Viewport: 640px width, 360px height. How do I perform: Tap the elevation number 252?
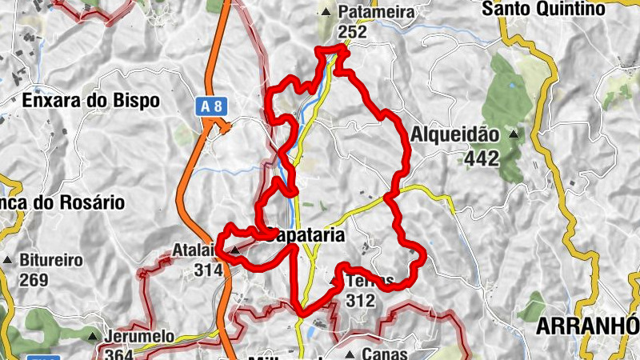tap(352, 32)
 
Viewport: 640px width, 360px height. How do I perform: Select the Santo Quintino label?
tap(554, 10)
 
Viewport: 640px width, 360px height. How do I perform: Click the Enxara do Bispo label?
tap(91, 101)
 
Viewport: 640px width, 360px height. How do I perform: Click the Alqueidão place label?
tap(454, 135)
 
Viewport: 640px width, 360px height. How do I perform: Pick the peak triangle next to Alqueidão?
tap(513, 134)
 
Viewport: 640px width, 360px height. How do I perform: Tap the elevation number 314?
tap(208, 270)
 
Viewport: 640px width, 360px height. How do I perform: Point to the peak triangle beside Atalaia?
tap(234, 251)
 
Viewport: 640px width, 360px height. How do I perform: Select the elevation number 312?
tap(361, 301)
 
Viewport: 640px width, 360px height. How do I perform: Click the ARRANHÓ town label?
tap(588, 326)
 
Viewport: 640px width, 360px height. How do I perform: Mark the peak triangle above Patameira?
tap(326, 12)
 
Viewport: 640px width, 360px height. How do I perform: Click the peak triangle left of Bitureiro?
tap(8, 261)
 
